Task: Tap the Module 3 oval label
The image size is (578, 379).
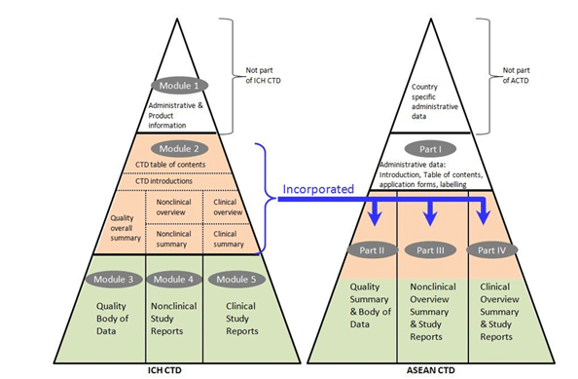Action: click(112, 280)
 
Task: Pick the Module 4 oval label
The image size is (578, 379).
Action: click(173, 280)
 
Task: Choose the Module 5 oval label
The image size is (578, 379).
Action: click(234, 280)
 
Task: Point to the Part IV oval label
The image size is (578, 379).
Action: click(489, 250)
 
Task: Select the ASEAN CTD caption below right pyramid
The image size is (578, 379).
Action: click(429, 371)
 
